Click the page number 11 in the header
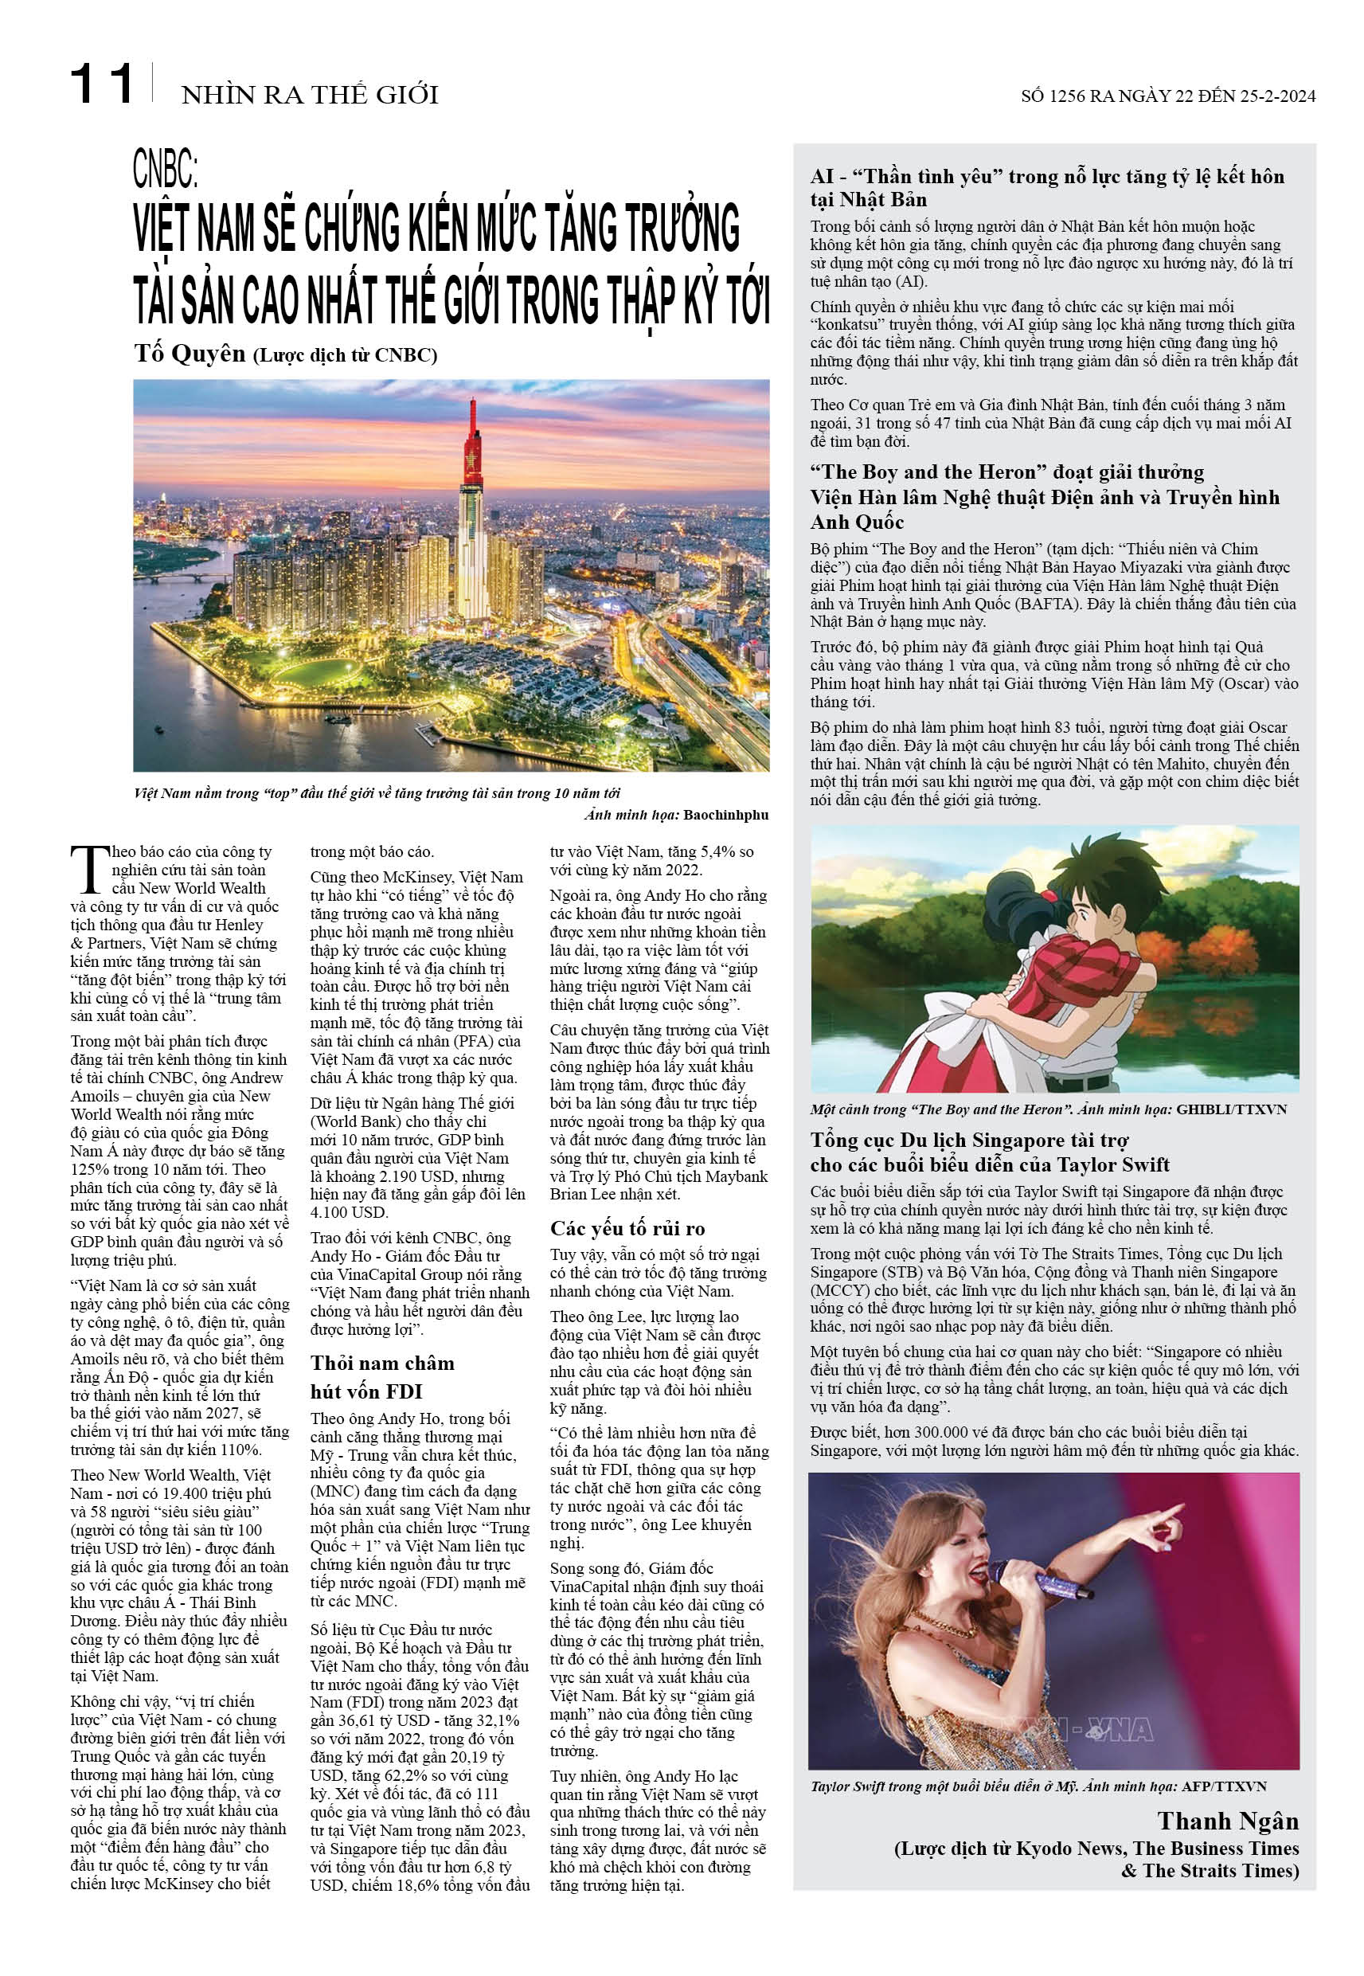tap(102, 84)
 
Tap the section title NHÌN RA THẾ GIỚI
tap(310, 94)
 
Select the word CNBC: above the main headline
tap(165, 167)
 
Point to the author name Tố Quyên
tap(190, 353)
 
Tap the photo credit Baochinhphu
tap(725, 815)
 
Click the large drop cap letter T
tap(89, 870)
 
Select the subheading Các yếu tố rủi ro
tap(627, 1228)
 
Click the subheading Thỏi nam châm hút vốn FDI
tap(382, 1377)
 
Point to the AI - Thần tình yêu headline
tap(1046, 187)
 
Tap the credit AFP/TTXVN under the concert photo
tap(1224, 1786)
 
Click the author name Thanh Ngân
tap(1228, 1821)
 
